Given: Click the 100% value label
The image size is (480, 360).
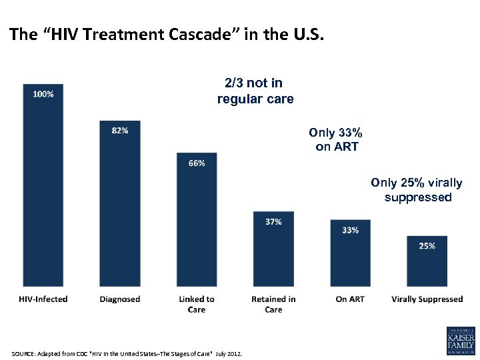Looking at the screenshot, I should coord(43,94).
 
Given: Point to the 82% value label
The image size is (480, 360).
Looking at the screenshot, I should coord(120,131).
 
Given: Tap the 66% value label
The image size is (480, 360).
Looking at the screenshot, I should coord(197,163).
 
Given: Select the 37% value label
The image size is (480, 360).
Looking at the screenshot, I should coord(273,221).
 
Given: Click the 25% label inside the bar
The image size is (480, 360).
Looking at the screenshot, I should coord(427,246).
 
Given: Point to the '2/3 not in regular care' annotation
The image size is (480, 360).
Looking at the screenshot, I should coord(255,91).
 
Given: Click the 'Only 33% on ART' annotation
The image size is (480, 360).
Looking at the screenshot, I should coord(336,139).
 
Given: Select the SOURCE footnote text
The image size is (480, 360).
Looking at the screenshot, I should coord(127,352).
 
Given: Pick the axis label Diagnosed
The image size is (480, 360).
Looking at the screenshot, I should coord(120,299).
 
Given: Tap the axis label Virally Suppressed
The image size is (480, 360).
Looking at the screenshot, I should coord(427,299).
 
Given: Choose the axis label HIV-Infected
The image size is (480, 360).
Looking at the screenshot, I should coord(43,299).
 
